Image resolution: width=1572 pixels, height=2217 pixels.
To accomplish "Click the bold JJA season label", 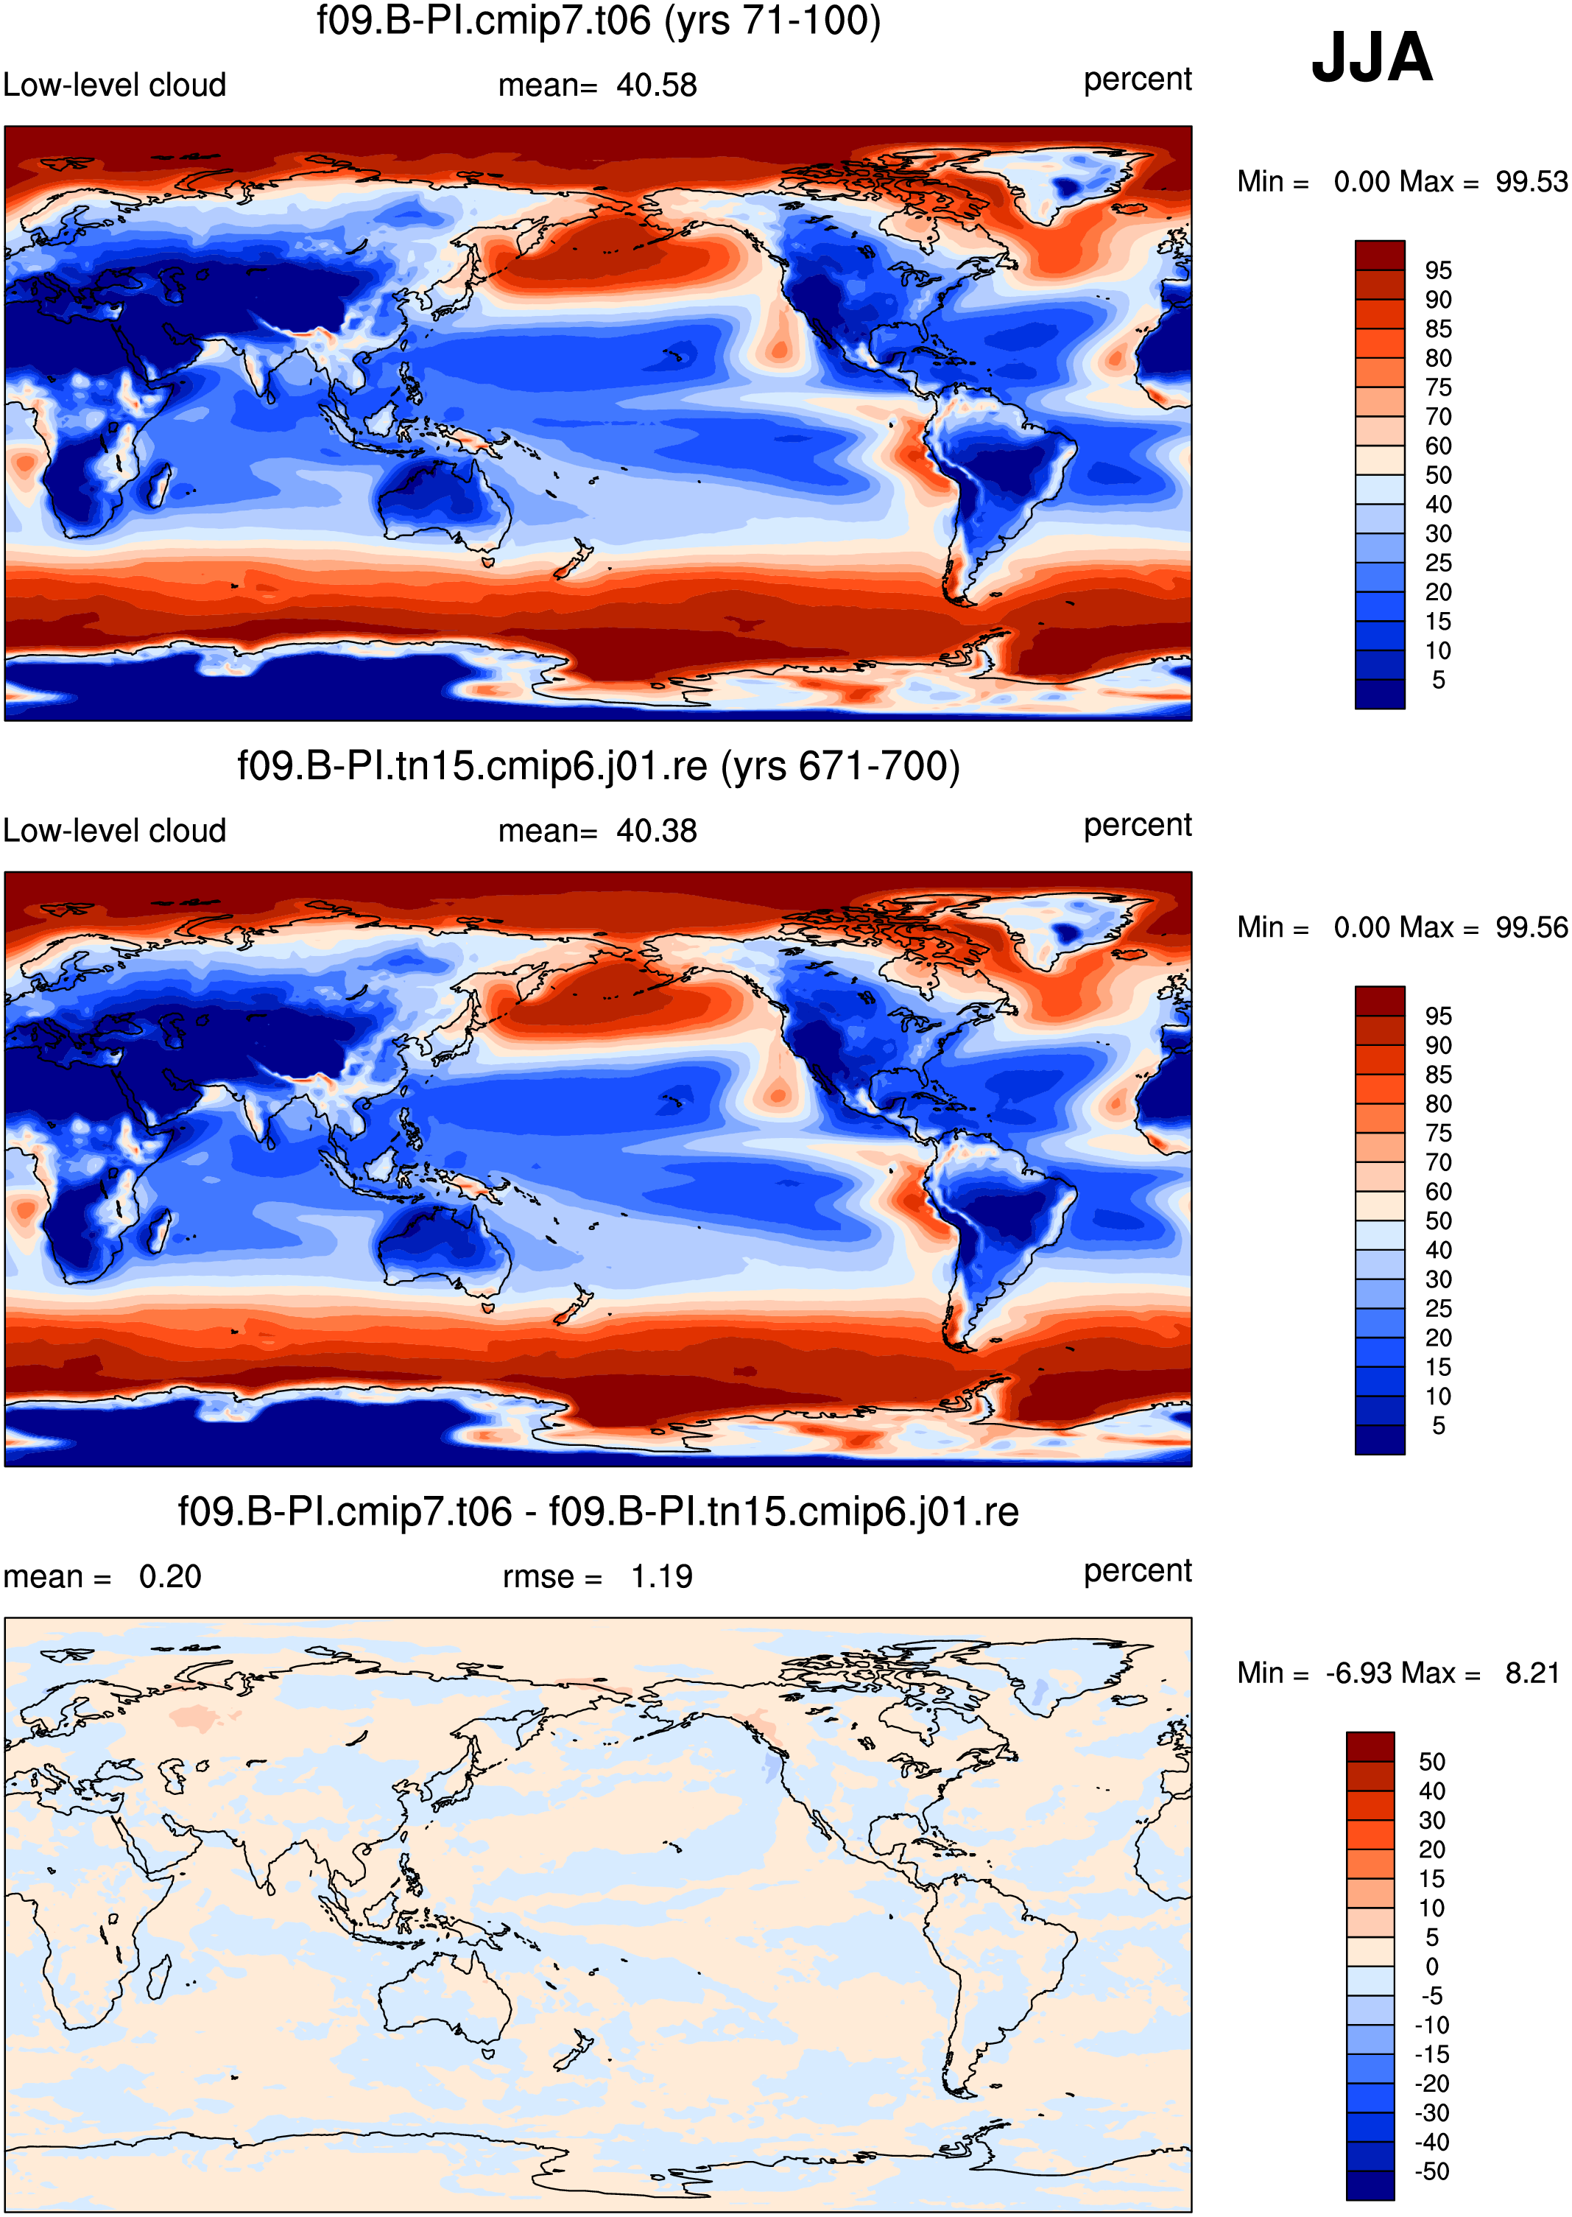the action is [x=1371, y=57].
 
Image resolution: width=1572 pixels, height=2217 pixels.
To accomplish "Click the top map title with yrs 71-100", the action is [x=598, y=21].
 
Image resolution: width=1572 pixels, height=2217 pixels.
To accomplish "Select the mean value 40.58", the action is [x=656, y=85].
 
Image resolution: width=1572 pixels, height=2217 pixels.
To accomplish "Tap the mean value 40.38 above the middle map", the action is [x=656, y=831].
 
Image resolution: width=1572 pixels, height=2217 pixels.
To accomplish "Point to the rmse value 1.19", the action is [x=661, y=1576].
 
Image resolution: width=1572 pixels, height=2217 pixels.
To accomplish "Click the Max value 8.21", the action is [x=1532, y=1672].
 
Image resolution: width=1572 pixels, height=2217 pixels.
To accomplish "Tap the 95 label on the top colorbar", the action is [x=1439, y=270].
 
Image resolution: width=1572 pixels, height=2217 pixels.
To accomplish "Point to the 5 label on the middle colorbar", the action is [x=1439, y=1425].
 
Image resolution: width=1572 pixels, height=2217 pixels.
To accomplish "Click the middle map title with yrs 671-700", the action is [x=598, y=766].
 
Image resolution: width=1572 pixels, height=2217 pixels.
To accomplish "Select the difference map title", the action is [x=598, y=1511].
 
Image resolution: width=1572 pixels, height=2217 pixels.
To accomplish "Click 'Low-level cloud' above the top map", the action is [x=114, y=85].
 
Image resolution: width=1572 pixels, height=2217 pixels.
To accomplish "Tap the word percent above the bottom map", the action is [x=1138, y=1571].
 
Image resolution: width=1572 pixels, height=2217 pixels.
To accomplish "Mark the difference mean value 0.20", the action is [x=170, y=1576].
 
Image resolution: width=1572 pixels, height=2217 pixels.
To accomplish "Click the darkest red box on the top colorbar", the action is [x=1379, y=256].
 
